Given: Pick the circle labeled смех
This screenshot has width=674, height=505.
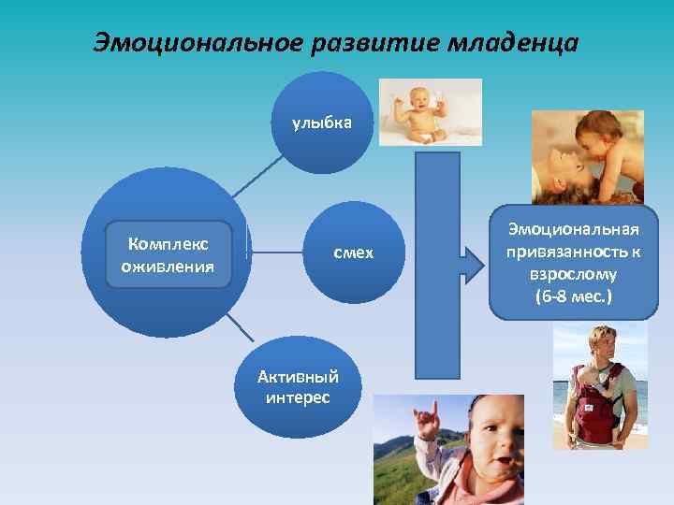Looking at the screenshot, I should click(353, 252).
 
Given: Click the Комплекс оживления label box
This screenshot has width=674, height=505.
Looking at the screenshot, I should click(168, 254).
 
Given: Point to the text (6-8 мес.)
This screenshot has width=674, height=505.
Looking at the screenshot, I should click(573, 297).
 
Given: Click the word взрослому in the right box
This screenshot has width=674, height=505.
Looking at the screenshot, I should click(573, 275).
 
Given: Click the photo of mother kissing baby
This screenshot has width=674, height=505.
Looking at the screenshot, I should click(587, 156).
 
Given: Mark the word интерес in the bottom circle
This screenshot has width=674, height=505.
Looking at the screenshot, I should click(298, 397).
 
